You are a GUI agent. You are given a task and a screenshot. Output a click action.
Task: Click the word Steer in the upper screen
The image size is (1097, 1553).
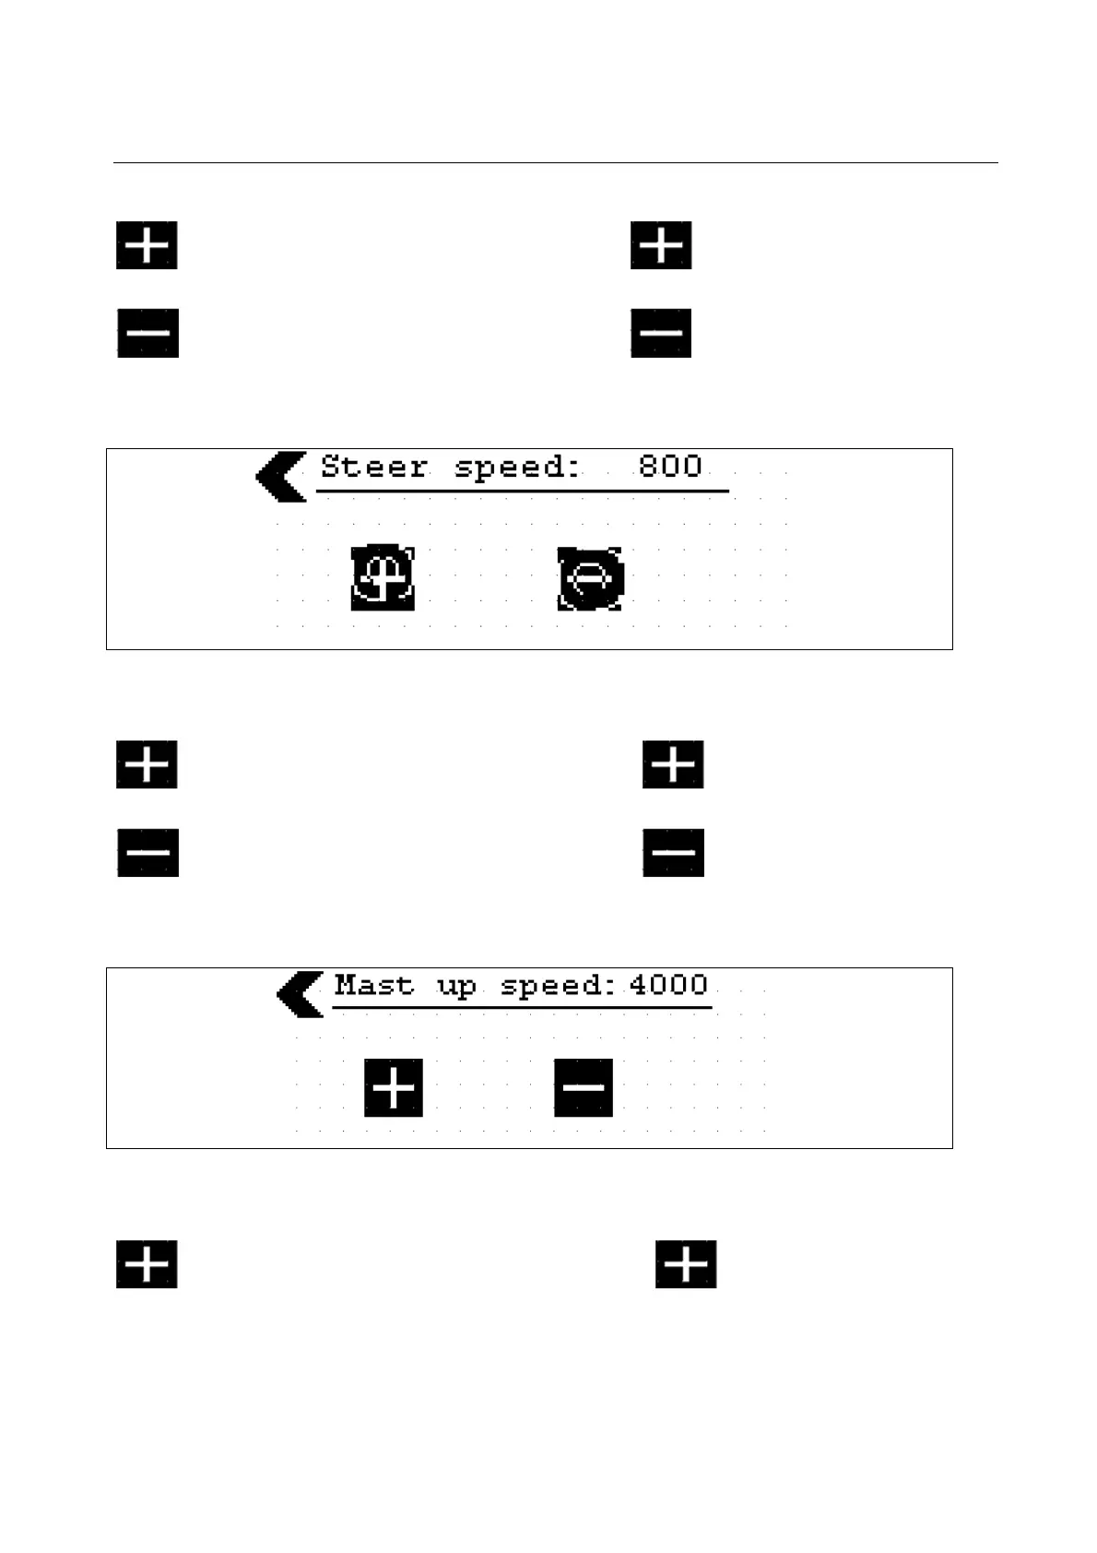point(373,467)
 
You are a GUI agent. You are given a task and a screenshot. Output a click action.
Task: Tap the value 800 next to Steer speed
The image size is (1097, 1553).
point(670,466)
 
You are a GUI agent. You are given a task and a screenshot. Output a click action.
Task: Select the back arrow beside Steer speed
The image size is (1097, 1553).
point(281,477)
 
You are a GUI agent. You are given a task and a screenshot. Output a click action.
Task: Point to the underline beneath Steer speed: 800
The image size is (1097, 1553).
point(522,492)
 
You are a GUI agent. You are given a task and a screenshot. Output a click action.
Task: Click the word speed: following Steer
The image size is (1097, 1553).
point(517,468)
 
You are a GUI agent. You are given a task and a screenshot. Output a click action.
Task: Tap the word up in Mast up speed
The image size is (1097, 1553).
point(456,988)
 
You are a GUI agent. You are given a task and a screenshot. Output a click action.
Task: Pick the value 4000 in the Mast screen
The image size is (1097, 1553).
point(668,985)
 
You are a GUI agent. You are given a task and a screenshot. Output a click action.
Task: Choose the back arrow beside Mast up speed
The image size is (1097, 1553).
point(301,994)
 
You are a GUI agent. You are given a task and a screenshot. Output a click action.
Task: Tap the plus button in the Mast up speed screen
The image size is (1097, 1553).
point(394,1088)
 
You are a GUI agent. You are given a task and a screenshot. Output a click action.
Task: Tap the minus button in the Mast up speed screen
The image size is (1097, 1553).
point(583,1088)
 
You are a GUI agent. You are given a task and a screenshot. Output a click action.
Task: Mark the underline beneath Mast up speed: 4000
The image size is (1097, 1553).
point(522,1008)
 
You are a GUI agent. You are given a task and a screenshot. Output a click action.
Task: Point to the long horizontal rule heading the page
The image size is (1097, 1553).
point(555,163)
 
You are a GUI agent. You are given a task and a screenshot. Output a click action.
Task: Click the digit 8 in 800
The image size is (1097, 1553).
point(649,466)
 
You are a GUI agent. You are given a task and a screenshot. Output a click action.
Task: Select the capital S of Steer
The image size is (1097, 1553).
point(330,467)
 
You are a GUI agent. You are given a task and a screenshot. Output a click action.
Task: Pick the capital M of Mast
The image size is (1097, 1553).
point(346,985)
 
